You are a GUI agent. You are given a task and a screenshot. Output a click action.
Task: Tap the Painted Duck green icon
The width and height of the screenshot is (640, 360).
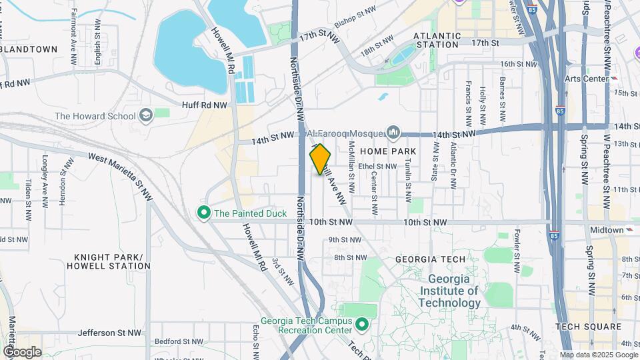[203, 213]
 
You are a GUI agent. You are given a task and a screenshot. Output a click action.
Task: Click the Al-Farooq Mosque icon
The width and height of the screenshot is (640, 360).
[394, 132]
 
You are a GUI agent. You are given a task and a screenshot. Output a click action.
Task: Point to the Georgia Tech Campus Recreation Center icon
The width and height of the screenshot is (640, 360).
[362, 325]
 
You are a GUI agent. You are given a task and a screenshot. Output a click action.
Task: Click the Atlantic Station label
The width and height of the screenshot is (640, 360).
[436, 40]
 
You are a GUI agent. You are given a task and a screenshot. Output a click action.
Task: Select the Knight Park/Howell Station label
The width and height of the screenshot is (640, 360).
[109, 261]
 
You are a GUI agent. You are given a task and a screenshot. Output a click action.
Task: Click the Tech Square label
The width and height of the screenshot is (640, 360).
[589, 327]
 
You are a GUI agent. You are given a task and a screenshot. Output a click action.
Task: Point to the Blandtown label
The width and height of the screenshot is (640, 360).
[29, 49]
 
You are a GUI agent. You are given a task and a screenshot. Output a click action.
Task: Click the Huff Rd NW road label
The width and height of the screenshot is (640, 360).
[204, 105]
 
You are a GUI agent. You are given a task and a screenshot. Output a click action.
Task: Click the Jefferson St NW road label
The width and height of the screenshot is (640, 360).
[110, 332]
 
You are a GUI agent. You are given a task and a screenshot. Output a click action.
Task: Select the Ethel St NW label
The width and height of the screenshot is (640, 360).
[377, 167]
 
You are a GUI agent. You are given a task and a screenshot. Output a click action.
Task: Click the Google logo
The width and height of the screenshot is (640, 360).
[22, 352]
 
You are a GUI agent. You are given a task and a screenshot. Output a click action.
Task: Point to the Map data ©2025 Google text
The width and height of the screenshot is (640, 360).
[598, 355]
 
